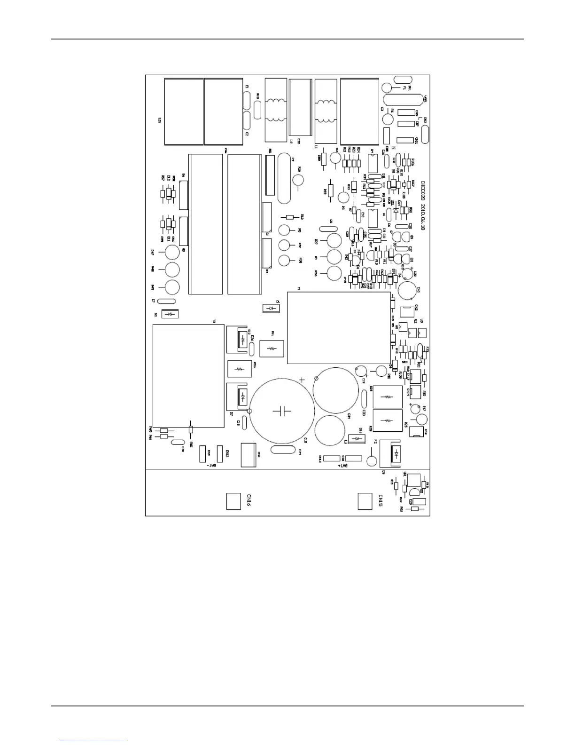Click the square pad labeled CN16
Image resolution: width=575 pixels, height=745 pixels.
pos(233,501)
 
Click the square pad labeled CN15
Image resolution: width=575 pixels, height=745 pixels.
pos(365,501)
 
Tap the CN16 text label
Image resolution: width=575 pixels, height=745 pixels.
pos(249,501)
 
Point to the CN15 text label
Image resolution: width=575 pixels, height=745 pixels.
pos(381,501)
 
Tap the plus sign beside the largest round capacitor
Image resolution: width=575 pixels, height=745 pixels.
pos(302,380)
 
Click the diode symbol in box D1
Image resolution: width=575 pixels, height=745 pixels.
pos(271,308)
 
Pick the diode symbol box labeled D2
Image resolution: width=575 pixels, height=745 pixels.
pos(170,314)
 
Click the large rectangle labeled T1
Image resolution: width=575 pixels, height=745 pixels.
pos(338,328)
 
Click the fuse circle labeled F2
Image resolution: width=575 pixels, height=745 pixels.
pos(372,460)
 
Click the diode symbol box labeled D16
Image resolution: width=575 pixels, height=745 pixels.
pos(357,438)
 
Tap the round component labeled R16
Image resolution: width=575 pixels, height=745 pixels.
pos(299,180)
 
